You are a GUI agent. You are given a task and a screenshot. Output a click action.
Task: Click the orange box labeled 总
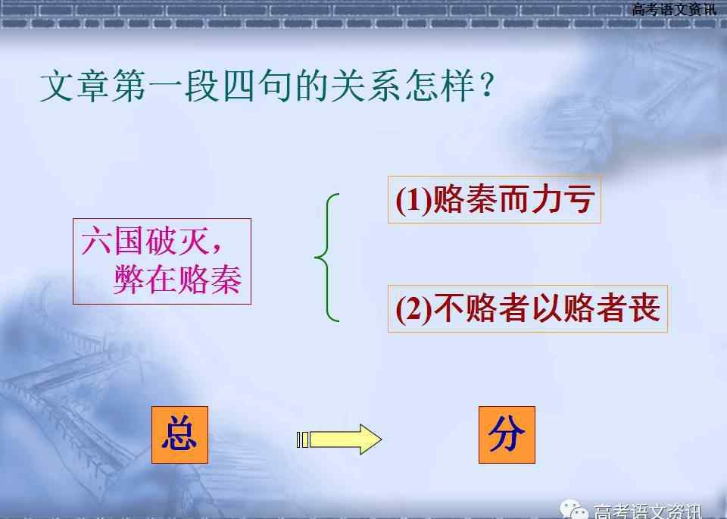tap(180, 435)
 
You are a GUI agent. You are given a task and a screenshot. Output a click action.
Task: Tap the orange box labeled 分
tap(507, 435)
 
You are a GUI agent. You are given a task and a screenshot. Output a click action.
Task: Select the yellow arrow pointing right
tap(339, 439)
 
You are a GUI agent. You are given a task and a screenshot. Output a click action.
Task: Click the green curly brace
tap(327, 258)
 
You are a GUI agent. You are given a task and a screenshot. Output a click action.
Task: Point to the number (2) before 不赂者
tap(413, 310)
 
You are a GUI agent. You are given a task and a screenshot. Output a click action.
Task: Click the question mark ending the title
tap(486, 86)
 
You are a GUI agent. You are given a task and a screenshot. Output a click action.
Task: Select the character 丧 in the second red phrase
tap(644, 308)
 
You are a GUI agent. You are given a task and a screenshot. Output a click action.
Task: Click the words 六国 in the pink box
tap(112, 240)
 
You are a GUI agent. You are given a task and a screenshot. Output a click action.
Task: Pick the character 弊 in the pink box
tap(129, 280)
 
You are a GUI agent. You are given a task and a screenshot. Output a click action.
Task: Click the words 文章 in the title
tap(75, 86)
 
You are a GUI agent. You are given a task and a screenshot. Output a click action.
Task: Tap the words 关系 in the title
tap(366, 86)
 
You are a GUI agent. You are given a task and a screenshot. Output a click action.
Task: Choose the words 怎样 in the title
tap(439, 86)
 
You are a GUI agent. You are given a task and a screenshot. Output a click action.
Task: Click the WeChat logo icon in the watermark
tap(574, 510)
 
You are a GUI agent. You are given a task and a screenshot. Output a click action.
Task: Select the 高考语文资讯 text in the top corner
tap(674, 9)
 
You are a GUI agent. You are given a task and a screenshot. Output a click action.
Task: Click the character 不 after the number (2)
tap(449, 308)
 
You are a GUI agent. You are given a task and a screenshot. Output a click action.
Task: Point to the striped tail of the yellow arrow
tap(303, 439)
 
